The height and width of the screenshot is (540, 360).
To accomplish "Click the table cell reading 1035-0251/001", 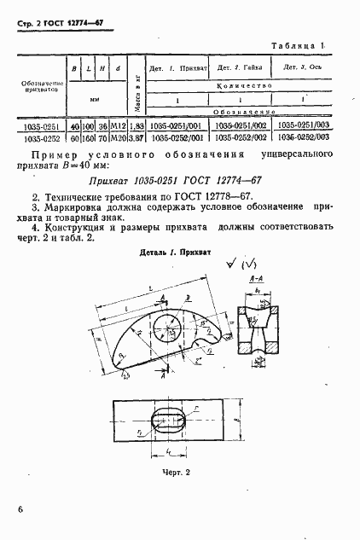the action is pyautogui.click(x=173, y=125).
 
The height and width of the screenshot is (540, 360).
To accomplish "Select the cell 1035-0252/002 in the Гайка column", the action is pyautogui.click(x=240, y=136).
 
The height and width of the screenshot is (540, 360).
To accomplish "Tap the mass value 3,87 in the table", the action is pyautogui.click(x=136, y=136).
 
